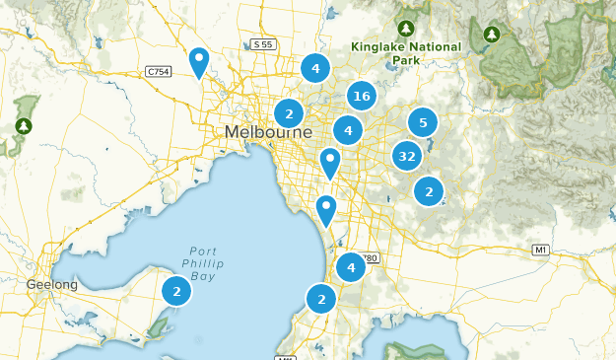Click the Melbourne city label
268,132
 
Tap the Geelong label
51,285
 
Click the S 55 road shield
262,45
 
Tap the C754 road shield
157,71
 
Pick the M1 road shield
539,250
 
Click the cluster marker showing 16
362,96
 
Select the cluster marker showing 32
407,156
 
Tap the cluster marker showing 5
423,122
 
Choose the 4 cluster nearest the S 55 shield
315,68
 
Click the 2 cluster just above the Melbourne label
289,112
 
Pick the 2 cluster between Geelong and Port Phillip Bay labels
176,291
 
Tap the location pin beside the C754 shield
199,63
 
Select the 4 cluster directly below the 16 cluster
347,129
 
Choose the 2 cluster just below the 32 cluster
428,190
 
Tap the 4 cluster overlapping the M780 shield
351,267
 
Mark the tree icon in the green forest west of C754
22,126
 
